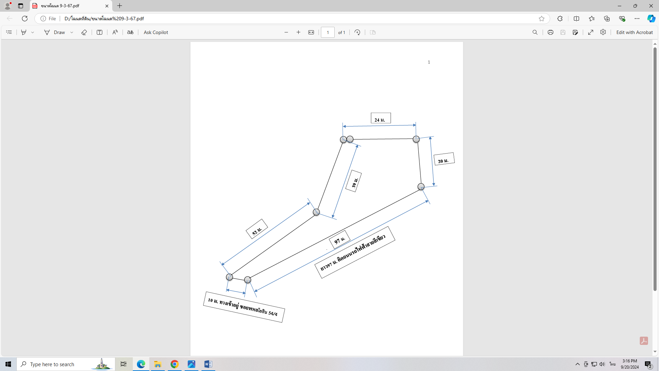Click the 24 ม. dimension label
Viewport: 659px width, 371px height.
coord(381,118)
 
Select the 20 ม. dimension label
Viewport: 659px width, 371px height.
coord(444,159)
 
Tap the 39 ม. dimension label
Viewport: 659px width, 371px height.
coord(354,181)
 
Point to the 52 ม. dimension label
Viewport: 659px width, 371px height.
coord(257,229)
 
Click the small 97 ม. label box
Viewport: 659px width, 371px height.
coord(339,239)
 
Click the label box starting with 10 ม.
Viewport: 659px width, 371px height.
coord(244,307)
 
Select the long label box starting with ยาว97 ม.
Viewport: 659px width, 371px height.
coord(355,252)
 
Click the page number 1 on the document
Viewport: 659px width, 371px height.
coord(429,62)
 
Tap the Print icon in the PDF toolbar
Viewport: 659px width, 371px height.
coord(551,32)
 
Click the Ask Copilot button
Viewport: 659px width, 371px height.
coord(156,32)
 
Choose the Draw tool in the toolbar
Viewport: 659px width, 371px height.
coord(55,32)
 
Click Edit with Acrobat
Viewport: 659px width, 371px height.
coord(634,32)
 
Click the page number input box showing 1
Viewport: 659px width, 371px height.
coord(328,32)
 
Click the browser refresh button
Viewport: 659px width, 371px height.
coord(25,19)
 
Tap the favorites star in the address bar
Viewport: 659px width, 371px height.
coord(542,19)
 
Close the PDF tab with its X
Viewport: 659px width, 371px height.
coord(107,6)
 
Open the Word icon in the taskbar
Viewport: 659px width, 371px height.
coord(208,364)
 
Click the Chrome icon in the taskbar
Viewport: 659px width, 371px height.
coord(175,364)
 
